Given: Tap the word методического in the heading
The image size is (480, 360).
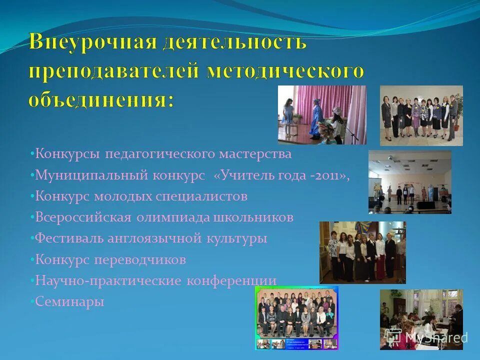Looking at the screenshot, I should point(285,72).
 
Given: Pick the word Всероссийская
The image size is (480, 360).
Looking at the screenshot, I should point(83,217).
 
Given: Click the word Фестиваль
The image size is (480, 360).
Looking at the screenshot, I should point(69,238).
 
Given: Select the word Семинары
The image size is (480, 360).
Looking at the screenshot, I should point(70,301).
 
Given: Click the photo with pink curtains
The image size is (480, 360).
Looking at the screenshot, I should point(322,114).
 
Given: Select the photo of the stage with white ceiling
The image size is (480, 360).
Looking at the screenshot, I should point(409,182).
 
